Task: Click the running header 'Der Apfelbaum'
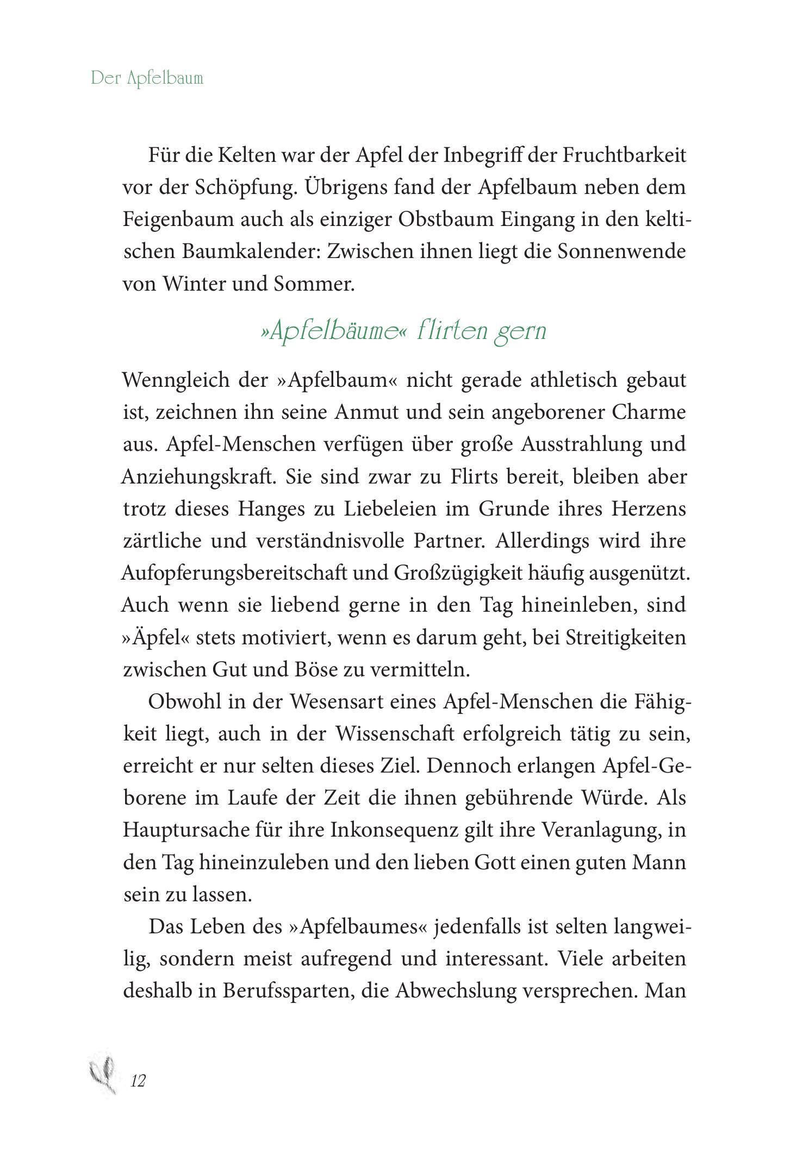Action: point(147,78)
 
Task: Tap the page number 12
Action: point(138,1081)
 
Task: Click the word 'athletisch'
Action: point(573,380)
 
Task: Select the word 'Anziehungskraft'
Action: point(196,476)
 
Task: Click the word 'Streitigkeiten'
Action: point(626,637)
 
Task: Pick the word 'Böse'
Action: point(315,669)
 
